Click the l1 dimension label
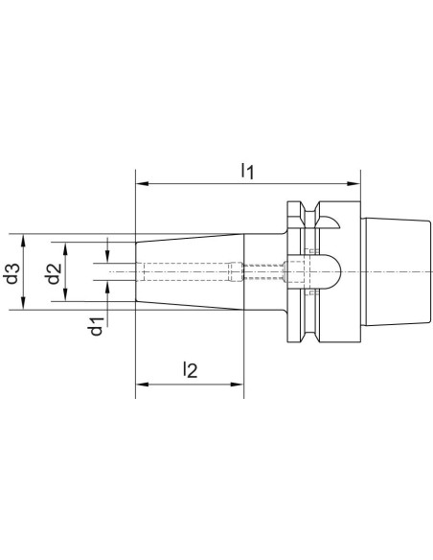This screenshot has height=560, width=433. pos(247,171)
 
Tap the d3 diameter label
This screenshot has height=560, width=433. pos(12,273)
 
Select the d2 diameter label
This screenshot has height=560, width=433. pos(54,273)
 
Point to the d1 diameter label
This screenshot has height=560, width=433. pos(97,326)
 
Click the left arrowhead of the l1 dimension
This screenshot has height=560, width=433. pos(142,183)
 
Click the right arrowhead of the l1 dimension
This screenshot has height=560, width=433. pos(353,183)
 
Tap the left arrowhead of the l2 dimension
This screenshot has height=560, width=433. pos(142,385)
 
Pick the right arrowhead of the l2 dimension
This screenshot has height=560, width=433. pos(238,385)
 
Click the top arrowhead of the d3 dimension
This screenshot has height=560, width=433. pos(24,241)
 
